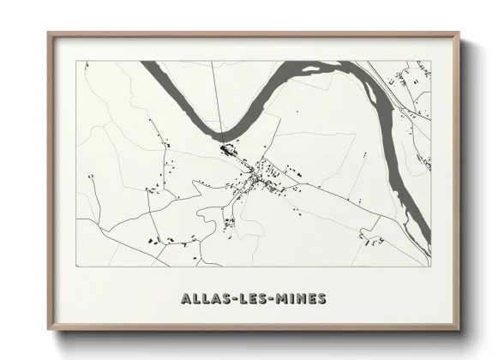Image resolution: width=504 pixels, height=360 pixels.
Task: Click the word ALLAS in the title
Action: pyautogui.click(x=202, y=298)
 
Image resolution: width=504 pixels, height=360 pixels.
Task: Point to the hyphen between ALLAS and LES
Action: pyautogui.click(x=227, y=298)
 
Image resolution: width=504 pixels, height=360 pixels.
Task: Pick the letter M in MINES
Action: pyautogui.click(x=281, y=298)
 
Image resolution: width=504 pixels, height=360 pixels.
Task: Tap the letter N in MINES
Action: pyautogui.click(x=299, y=298)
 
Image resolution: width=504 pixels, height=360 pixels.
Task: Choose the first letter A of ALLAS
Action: pyautogui.click(x=186, y=298)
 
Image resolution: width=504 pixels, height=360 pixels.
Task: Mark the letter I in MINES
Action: pyautogui.click(x=291, y=298)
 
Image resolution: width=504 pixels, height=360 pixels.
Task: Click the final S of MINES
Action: pyautogui.click(x=321, y=298)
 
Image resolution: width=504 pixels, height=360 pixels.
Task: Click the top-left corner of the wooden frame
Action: pyautogui.click(x=48, y=33)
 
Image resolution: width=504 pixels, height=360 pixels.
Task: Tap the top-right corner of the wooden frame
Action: pyautogui.click(x=460, y=33)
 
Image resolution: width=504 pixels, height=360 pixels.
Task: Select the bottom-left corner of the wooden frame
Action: pyautogui.click(x=48, y=330)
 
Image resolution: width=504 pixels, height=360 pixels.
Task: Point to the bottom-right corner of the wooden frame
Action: pyautogui.click(x=460, y=330)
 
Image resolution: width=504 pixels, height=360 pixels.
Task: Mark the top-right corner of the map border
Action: pyautogui.click(x=430, y=61)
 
